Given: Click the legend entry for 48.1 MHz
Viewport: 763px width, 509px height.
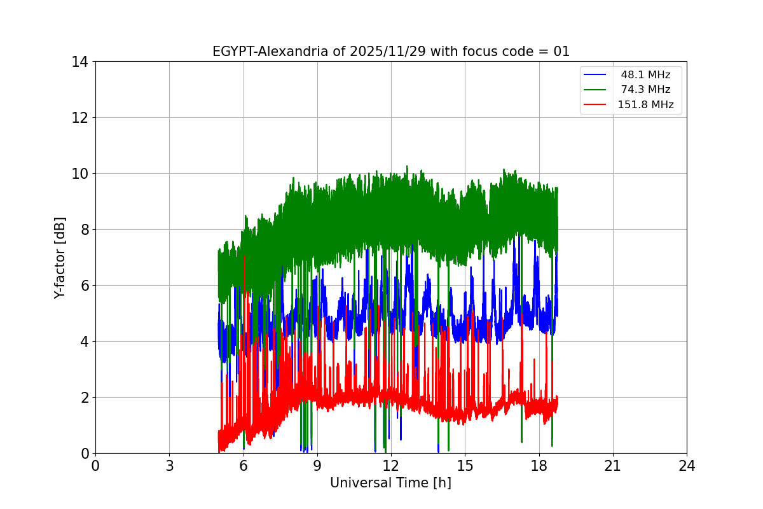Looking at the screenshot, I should point(645,75).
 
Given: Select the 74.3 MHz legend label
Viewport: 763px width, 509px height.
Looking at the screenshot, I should point(645,90).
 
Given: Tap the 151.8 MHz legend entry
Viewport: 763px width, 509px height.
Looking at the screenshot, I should point(645,105).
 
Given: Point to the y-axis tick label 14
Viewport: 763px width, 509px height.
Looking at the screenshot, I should point(79,62).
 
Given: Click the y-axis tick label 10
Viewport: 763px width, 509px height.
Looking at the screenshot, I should point(79,174).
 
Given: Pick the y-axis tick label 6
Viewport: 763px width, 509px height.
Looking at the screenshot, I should point(83,286).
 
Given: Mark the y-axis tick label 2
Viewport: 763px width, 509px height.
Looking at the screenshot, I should point(83,398).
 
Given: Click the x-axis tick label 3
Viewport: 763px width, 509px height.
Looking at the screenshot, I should point(169,466).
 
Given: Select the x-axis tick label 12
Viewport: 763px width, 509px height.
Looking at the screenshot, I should point(391,466).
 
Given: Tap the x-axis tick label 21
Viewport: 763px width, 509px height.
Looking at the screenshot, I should point(613,466).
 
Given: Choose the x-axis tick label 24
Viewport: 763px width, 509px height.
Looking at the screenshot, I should point(687,466).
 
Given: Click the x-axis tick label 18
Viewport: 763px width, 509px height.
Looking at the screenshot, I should point(539,466).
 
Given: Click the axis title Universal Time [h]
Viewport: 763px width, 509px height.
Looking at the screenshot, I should point(390,483).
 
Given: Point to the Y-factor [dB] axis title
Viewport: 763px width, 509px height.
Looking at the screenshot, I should point(60,257).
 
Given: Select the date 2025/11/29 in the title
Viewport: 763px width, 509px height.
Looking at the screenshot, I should point(388,52).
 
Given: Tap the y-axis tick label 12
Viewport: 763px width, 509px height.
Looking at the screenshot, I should point(79,118).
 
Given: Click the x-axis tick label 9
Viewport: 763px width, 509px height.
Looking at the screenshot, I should point(317,466).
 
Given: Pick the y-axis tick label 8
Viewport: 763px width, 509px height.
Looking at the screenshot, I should point(83,230).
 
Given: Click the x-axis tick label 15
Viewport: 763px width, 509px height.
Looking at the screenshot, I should point(465,466).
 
